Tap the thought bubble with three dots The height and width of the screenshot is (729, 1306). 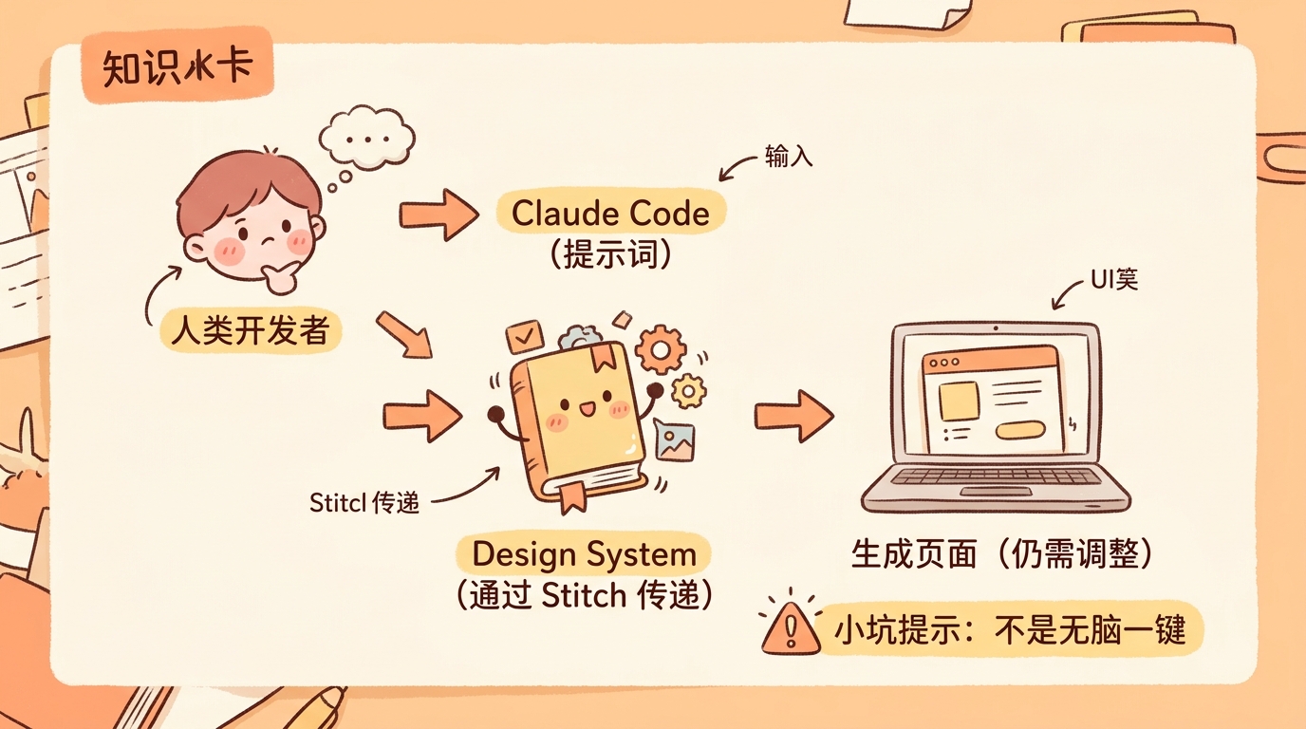pos(365,140)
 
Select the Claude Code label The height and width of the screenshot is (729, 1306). pos(610,213)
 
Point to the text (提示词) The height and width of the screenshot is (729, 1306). pos(610,253)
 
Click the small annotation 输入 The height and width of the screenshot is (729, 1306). pos(789,158)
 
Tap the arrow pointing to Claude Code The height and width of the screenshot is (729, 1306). pos(438,215)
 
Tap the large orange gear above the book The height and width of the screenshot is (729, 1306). pos(660,349)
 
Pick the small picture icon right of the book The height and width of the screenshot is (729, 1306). pos(675,441)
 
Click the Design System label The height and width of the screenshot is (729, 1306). pos(584,555)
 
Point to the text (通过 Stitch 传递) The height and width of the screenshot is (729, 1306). pos(584,596)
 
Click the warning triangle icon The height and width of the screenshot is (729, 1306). pos(791,626)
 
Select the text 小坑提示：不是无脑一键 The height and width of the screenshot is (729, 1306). pos(1009,629)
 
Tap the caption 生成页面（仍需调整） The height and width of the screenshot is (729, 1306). pos(1002,554)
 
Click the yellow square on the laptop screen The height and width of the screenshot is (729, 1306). pos(959,402)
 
